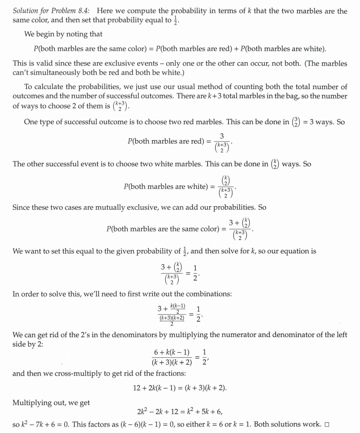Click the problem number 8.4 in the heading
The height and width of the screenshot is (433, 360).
tap(78, 11)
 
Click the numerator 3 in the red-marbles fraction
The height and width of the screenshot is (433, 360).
tap(222, 135)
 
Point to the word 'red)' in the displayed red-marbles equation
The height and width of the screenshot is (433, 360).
tap(193, 141)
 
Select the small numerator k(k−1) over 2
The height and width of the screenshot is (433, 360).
tap(178, 308)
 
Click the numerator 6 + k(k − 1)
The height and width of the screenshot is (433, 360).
tap(172, 352)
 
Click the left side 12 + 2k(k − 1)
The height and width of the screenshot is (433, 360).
tap(158, 388)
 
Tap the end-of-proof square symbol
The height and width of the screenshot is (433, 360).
tap(327, 425)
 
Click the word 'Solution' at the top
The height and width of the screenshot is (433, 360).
tap(27, 11)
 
